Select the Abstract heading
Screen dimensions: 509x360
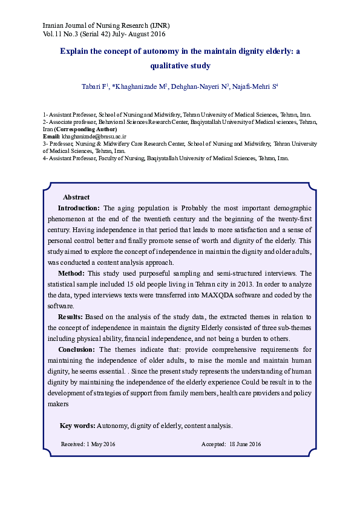click(x=76, y=197)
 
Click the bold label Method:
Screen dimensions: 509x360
click(x=71, y=273)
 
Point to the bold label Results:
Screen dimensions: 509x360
click(x=71, y=317)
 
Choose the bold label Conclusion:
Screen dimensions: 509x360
click(x=76, y=349)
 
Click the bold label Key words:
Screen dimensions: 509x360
click(x=77, y=426)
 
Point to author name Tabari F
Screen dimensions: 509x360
click(x=94, y=86)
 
